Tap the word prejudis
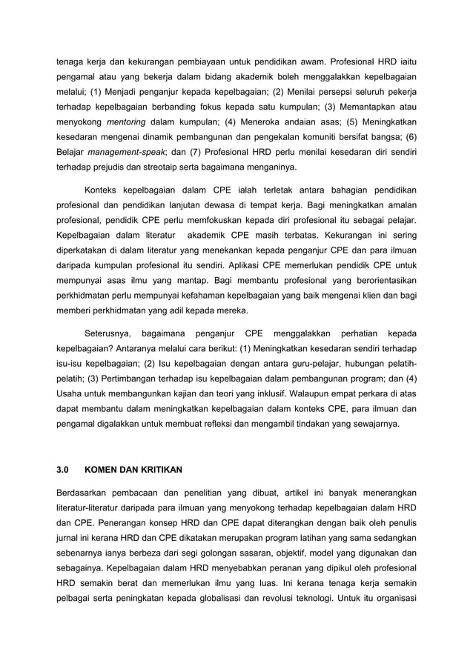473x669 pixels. tap(110, 167)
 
